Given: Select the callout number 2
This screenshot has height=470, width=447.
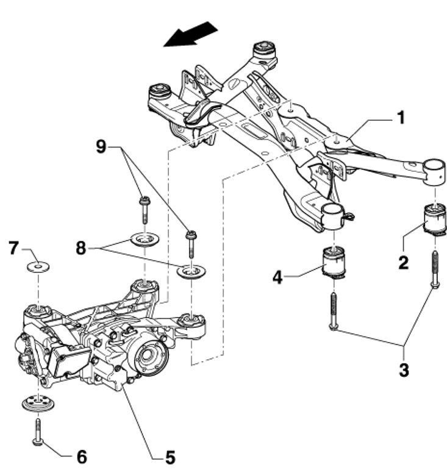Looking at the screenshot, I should coord(403,263).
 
